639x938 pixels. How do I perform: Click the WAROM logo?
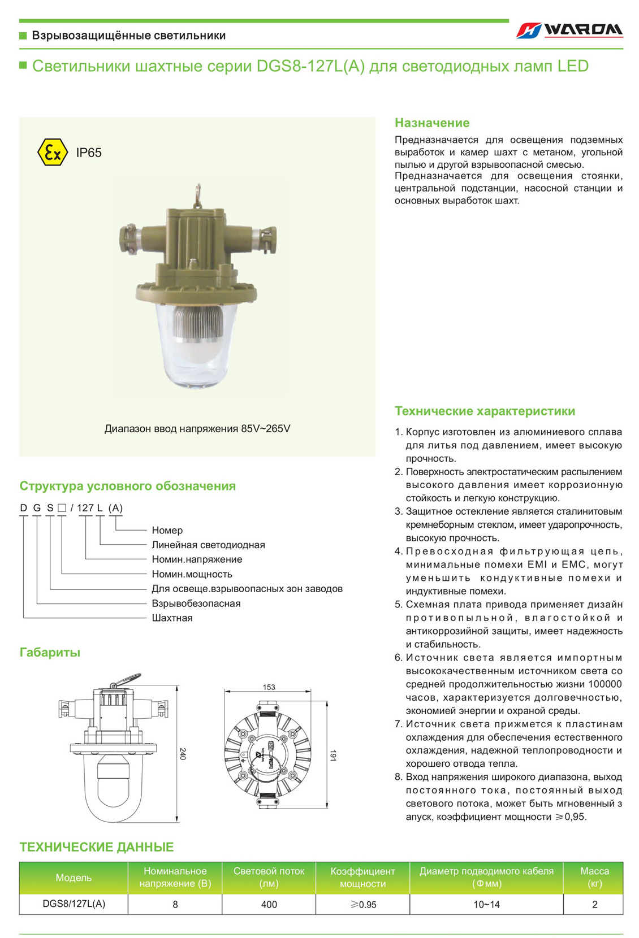tap(569, 30)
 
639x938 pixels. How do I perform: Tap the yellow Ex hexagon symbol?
tap(52, 153)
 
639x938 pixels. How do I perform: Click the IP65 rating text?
tap(89, 153)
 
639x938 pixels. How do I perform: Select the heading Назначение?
tap(432, 123)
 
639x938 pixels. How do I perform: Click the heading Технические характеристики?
tap(485, 411)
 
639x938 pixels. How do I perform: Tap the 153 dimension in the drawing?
tap(269, 687)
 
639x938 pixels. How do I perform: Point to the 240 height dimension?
tap(183, 753)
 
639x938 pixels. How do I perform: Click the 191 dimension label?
tap(333, 755)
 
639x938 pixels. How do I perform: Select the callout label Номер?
tap(167, 530)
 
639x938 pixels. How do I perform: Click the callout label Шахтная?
tap(172, 618)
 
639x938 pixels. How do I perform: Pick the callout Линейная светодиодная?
tap(208, 545)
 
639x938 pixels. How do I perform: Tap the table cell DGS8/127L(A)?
tap(74, 904)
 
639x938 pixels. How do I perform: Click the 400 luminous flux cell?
tap(269, 904)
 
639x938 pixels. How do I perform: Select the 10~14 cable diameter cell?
tap(486, 904)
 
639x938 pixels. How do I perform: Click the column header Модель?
tap(74, 878)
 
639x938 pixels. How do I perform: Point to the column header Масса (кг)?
tap(594, 878)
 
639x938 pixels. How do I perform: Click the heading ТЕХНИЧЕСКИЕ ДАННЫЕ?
tap(97, 846)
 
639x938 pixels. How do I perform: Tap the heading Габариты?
tap(50, 652)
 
